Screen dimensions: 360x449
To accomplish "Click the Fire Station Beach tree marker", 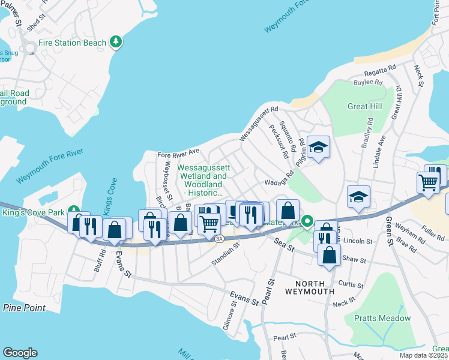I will pos(116,42).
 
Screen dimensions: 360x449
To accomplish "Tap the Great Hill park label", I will pos(364,106).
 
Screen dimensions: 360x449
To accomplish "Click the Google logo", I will pos(20,353).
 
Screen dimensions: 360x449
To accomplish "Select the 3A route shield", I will pos(219,238).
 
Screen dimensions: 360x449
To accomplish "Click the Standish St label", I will pos(226,254).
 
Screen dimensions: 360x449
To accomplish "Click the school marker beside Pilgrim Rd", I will pos(319,146).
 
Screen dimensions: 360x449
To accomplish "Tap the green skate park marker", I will pos(307,222).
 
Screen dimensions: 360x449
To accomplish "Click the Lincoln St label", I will pos(358,241).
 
